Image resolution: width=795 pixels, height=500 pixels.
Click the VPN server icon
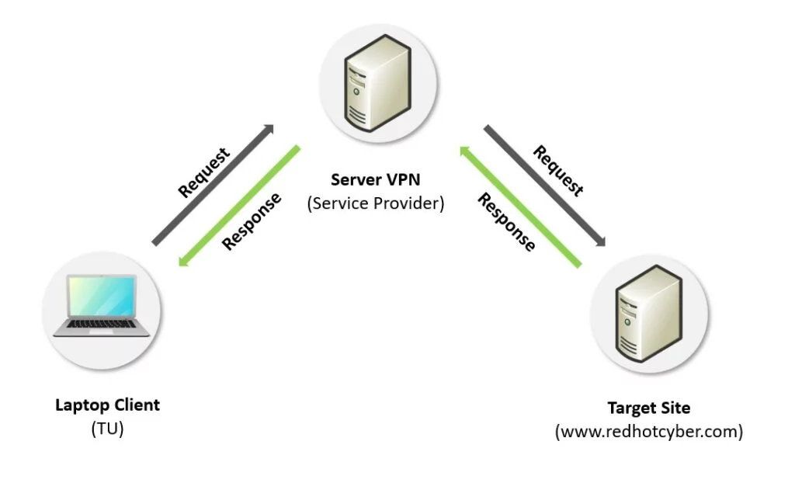coord(375,87)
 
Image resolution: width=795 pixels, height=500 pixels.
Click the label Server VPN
coord(376,180)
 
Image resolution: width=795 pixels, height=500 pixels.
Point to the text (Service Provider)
coord(376,204)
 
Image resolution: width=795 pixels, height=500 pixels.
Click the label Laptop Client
coord(107,405)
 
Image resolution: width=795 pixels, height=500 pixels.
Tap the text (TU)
coord(107,429)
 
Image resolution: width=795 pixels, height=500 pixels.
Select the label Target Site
coord(649,408)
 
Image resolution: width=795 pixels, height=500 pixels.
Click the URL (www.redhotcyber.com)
coord(649,432)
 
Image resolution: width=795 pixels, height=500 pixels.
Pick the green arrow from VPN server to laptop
coord(239,206)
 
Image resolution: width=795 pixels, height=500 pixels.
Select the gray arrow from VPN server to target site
coord(546,186)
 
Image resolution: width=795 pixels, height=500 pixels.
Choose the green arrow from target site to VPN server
coord(520,207)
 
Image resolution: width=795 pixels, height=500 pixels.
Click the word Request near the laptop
coord(204,172)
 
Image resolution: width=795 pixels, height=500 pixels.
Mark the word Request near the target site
coord(557,171)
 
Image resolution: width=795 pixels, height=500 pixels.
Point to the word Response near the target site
coord(506,223)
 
